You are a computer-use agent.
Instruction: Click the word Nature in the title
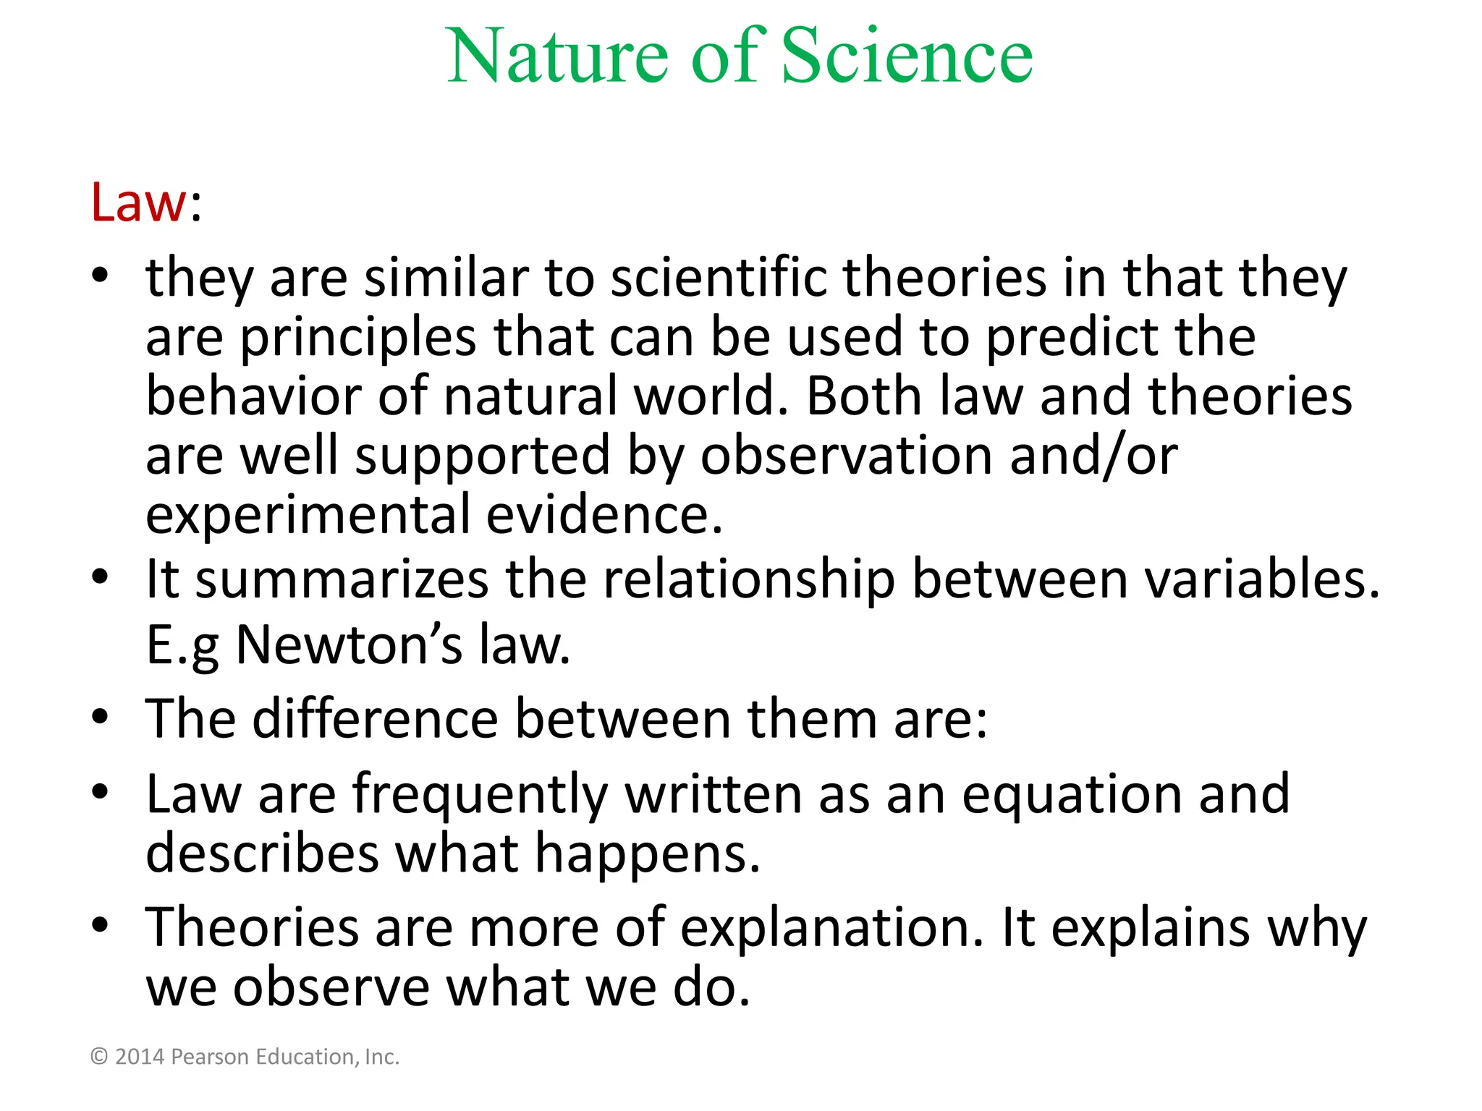point(558,56)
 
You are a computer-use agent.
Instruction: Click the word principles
point(358,339)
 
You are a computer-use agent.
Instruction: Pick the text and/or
point(1093,456)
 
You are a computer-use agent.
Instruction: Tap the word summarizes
point(342,579)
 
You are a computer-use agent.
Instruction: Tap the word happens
point(648,854)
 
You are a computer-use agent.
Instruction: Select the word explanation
point(832,929)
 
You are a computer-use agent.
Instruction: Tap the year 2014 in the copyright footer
point(140,1057)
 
